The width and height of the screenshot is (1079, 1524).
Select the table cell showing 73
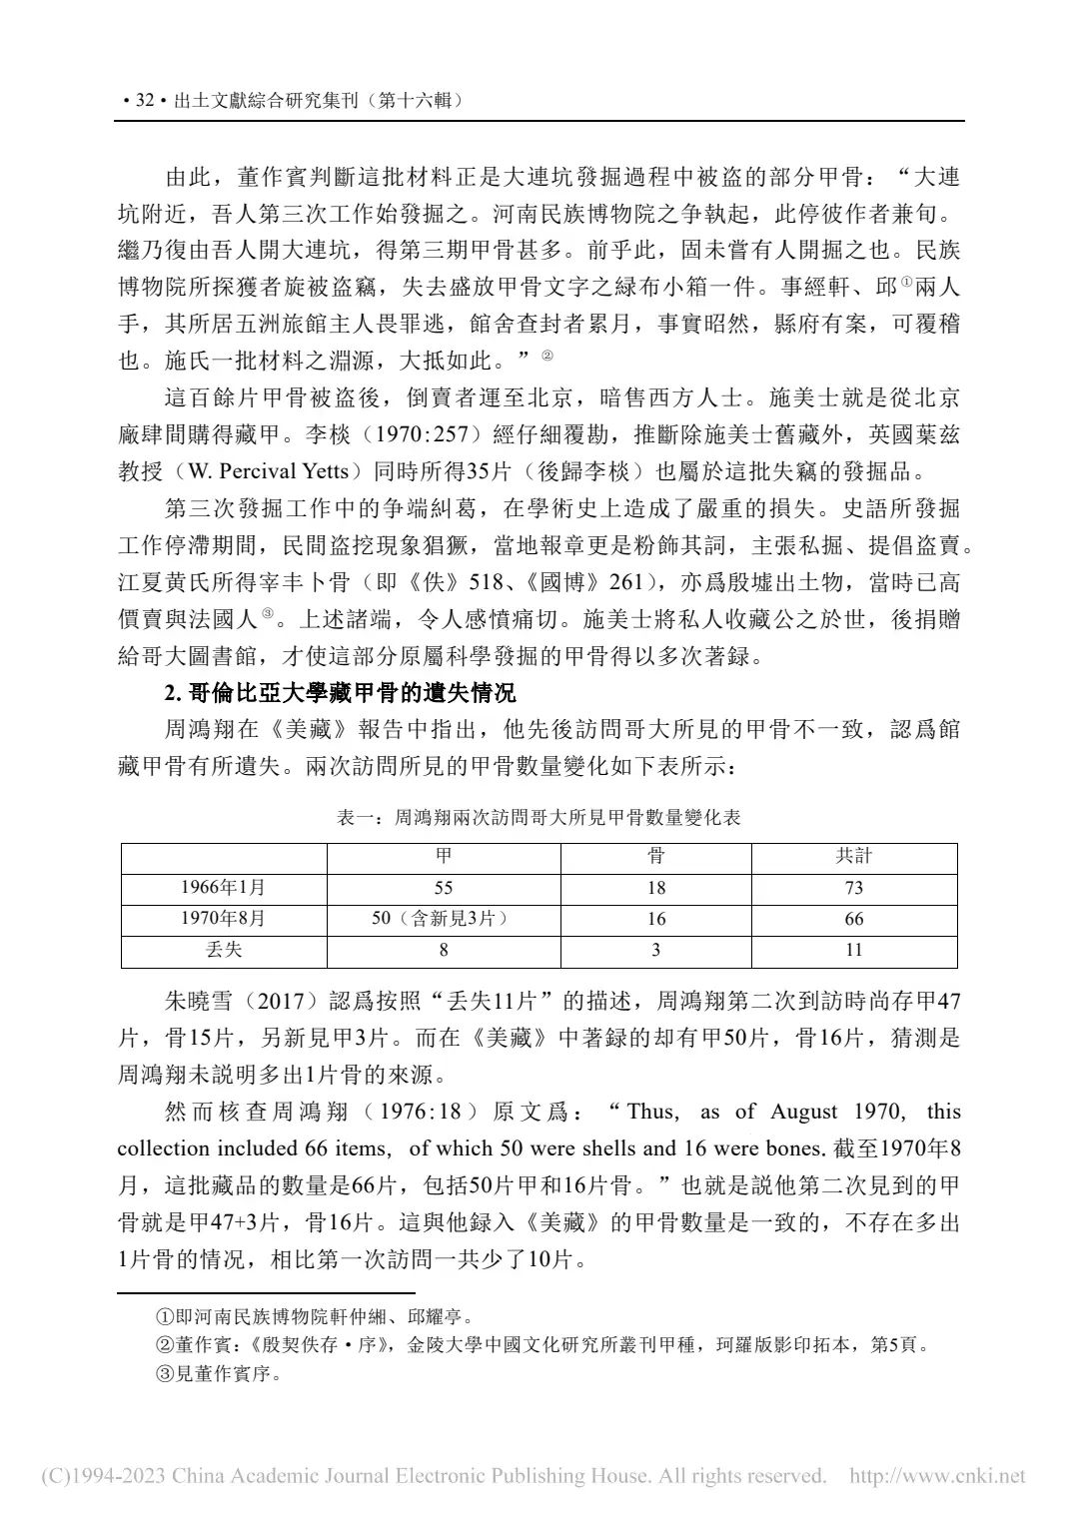click(853, 888)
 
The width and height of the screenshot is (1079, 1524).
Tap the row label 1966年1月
click(223, 888)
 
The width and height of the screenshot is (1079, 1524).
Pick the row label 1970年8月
click(223, 919)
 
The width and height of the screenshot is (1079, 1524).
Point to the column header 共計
click(853, 856)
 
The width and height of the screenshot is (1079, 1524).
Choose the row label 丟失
click(223, 950)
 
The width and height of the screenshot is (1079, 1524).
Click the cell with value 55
click(444, 888)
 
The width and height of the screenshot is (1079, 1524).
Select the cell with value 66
click(853, 919)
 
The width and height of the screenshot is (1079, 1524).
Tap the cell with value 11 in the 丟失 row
click(853, 950)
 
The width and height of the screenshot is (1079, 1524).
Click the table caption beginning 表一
click(539, 817)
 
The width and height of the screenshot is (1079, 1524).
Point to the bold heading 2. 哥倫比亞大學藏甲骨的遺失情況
click(339, 691)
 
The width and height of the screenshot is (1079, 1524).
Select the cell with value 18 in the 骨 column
click(655, 888)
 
